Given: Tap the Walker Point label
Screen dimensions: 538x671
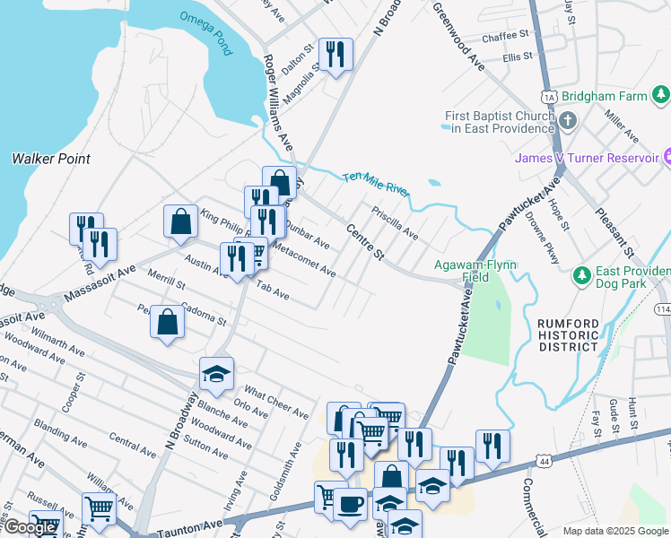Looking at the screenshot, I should [x=51, y=159].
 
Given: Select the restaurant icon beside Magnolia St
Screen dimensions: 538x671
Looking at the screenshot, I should [x=335, y=55].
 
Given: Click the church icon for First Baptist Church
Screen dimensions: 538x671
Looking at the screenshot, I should [x=568, y=120].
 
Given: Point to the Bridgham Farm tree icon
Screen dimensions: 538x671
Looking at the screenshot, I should [x=661, y=94].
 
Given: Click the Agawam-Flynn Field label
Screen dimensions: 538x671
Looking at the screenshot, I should [x=474, y=271].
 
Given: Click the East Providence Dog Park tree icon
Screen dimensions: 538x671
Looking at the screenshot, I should [x=581, y=273].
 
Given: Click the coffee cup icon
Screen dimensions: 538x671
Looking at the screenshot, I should [x=350, y=503].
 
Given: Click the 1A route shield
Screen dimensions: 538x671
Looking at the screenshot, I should [x=549, y=96].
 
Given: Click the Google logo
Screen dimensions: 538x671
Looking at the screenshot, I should [x=30, y=527].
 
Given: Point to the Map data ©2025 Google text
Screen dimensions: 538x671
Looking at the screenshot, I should [x=614, y=531].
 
